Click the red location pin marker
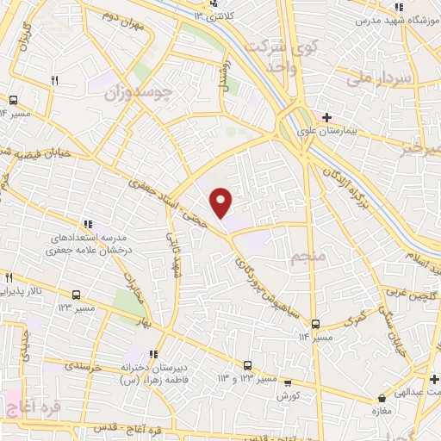pyautogui.click(x=221, y=202)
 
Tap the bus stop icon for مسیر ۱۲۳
pyautogui.click(x=78, y=294)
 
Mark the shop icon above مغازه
pyautogui.click(x=382, y=399)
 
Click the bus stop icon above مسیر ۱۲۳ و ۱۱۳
pyautogui.click(x=248, y=365)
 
